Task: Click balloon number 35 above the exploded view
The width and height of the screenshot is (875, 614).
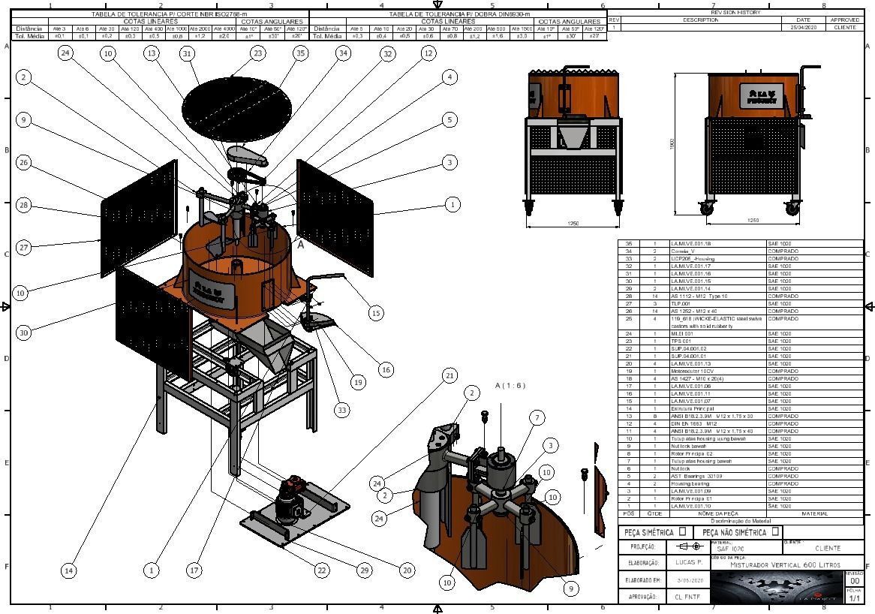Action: click(300, 53)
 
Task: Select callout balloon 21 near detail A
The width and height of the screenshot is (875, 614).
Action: click(450, 375)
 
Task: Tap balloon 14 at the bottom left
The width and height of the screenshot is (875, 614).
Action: click(68, 570)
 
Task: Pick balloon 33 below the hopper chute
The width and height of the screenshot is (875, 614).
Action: click(342, 410)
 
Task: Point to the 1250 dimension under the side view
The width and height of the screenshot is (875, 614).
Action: click(753, 220)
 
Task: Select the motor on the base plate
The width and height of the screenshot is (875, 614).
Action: click(291, 499)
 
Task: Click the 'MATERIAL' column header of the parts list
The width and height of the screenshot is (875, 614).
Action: click(814, 513)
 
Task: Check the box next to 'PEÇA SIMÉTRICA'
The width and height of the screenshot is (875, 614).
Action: click(682, 531)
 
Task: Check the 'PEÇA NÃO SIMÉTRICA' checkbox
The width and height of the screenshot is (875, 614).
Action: click(775, 531)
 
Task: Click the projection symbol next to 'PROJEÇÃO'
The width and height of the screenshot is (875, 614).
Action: click(688, 546)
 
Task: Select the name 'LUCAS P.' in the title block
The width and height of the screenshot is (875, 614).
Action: click(688, 562)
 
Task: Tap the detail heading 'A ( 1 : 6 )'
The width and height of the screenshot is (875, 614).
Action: click(510, 386)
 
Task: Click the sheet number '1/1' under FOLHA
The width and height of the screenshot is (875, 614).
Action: click(855, 598)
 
